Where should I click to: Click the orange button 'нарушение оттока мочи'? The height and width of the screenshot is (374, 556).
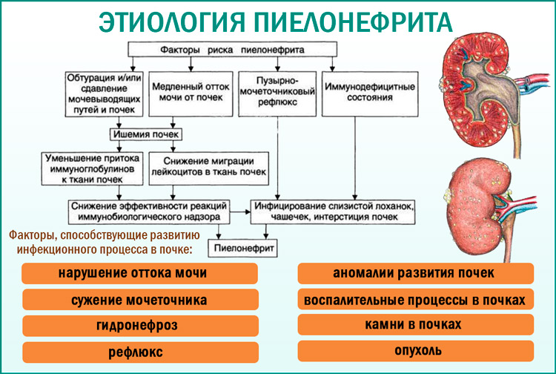[x=133, y=275]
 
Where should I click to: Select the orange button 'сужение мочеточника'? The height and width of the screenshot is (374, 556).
[x=139, y=300]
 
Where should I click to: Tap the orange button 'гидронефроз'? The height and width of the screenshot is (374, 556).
[x=139, y=325]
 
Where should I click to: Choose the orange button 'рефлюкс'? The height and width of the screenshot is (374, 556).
[x=139, y=351]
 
